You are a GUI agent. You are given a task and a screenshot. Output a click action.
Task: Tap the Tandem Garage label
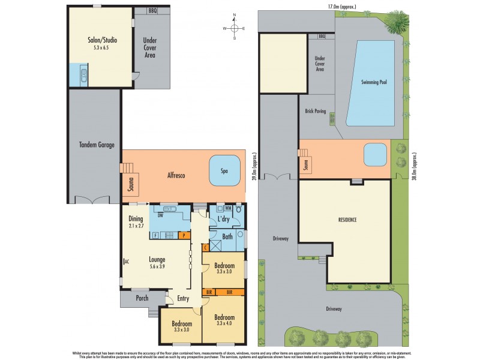pyautogui.click(x=96, y=145)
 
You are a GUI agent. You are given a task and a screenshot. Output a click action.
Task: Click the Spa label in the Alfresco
pyautogui.click(x=224, y=171)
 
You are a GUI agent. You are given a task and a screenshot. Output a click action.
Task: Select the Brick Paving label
pyautogui.click(x=315, y=112)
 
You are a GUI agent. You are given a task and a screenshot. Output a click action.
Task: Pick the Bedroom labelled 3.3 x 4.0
pyautogui.click(x=223, y=320)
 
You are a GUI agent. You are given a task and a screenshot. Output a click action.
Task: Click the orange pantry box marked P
pyautogui.click(x=183, y=236)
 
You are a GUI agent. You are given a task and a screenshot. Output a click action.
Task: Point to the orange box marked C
pyautogui.click(x=205, y=247)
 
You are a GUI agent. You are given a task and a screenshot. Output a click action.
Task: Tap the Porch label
pyautogui.click(x=142, y=298)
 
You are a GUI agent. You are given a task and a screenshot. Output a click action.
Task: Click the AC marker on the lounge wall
pyautogui.click(x=125, y=262)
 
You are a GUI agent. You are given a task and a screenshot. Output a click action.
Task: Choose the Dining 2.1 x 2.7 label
pyautogui.click(x=136, y=223)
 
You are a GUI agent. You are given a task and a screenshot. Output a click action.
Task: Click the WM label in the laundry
pyautogui.click(x=228, y=209)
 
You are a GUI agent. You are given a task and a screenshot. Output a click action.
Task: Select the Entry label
pyautogui.click(x=184, y=298)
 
